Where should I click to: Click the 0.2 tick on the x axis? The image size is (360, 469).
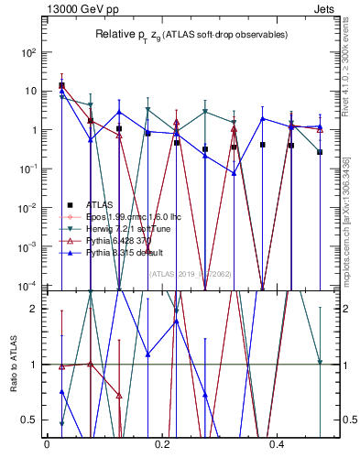[162, 444]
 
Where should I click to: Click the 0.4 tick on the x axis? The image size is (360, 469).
[278, 444]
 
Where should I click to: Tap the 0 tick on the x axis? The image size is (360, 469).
[47, 444]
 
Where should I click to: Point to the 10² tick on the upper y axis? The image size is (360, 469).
[28, 52]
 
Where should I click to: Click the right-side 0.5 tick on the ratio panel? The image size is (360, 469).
[348, 420]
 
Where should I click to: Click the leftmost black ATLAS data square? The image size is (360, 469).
[61, 85]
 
